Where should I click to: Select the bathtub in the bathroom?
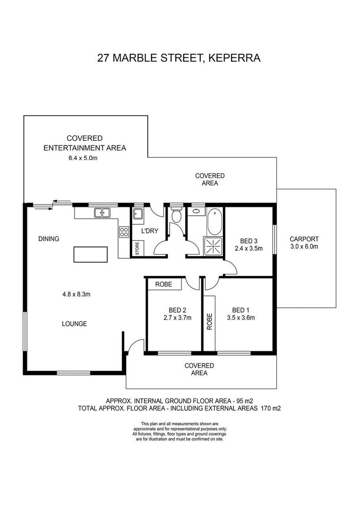click(x=214, y=222)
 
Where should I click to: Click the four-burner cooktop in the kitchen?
click(x=124, y=232)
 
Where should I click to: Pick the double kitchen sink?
click(x=102, y=213)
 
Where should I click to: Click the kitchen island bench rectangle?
click(x=91, y=255)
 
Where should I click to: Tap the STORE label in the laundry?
click(x=137, y=248)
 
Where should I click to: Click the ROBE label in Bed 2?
click(x=163, y=284)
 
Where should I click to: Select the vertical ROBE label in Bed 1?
click(x=209, y=322)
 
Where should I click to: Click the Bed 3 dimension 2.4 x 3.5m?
click(x=249, y=248)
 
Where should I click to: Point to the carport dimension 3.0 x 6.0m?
click(x=304, y=246)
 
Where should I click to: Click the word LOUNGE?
click(x=75, y=323)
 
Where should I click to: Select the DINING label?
click(x=49, y=239)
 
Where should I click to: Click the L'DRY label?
click(x=149, y=231)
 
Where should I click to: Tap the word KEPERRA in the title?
click(x=234, y=58)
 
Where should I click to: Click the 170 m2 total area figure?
click(x=271, y=408)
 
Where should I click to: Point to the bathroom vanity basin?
click(x=196, y=211)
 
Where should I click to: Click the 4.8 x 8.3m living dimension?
click(x=77, y=294)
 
